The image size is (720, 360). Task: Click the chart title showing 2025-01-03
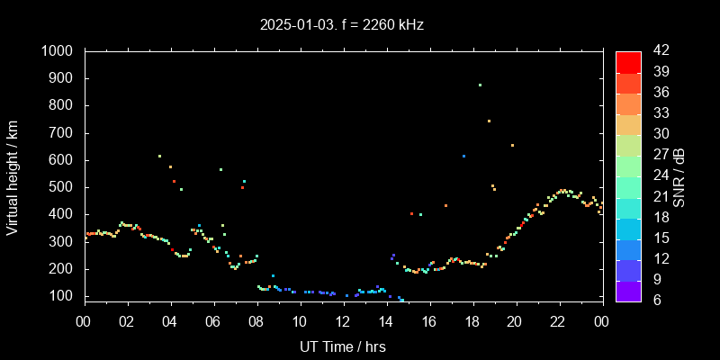(341, 25)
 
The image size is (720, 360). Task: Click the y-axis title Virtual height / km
(13, 174)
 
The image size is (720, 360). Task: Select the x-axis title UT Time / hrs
(343, 346)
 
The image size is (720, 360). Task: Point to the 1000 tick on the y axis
(60, 51)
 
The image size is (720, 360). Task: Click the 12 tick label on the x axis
(343, 321)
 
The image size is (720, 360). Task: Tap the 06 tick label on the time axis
(213, 321)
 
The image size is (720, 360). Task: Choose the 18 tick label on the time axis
(472, 321)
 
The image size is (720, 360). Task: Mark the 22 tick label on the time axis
(558, 321)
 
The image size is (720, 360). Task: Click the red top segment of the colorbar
(628, 61)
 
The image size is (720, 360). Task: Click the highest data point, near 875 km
(480, 85)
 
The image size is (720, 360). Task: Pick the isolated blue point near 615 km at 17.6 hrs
(463, 156)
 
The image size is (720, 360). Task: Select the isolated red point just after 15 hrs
(411, 213)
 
